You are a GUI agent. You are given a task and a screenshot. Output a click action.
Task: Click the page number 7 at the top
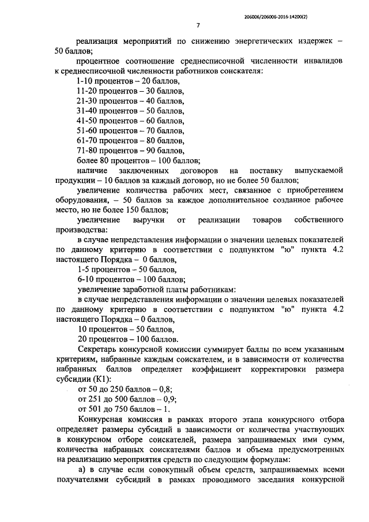pos(198,25)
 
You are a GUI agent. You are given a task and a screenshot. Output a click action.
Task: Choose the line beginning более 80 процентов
pos(138,160)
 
